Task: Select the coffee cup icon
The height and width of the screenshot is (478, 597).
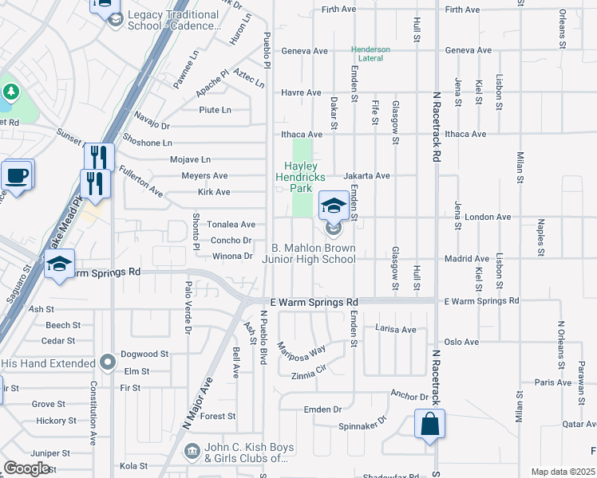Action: coord(16,175)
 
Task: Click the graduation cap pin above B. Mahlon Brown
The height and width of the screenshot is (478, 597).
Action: coord(333,206)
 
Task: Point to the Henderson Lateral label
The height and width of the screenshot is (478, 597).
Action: coord(371,54)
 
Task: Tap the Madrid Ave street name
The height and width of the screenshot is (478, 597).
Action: coord(466,259)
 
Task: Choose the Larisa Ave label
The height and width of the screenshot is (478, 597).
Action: coord(397,329)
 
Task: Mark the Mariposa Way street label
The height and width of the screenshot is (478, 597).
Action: coord(301,349)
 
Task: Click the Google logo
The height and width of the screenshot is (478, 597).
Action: coord(26,468)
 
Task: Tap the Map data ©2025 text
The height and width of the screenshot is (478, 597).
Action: coord(562,472)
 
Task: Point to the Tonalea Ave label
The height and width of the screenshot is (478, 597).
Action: coord(231,225)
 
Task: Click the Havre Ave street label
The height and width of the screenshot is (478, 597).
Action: coord(301,92)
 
